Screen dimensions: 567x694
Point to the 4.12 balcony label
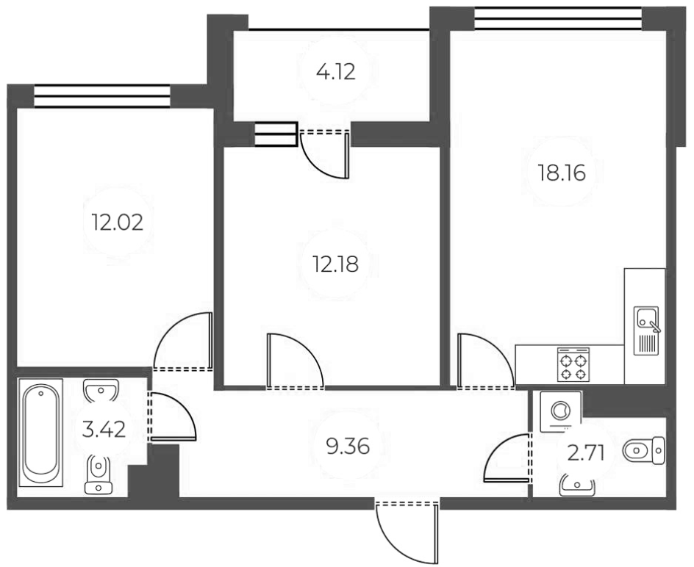[x=335, y=73]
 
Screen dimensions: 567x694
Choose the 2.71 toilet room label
[x=585, y=453]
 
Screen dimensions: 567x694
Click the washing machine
[x=559, y=412]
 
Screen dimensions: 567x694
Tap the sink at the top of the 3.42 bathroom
[x=100, y=391]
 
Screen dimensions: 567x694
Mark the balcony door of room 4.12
[x=325, y=152]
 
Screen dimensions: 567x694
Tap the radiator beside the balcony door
[x=276, y=135]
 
